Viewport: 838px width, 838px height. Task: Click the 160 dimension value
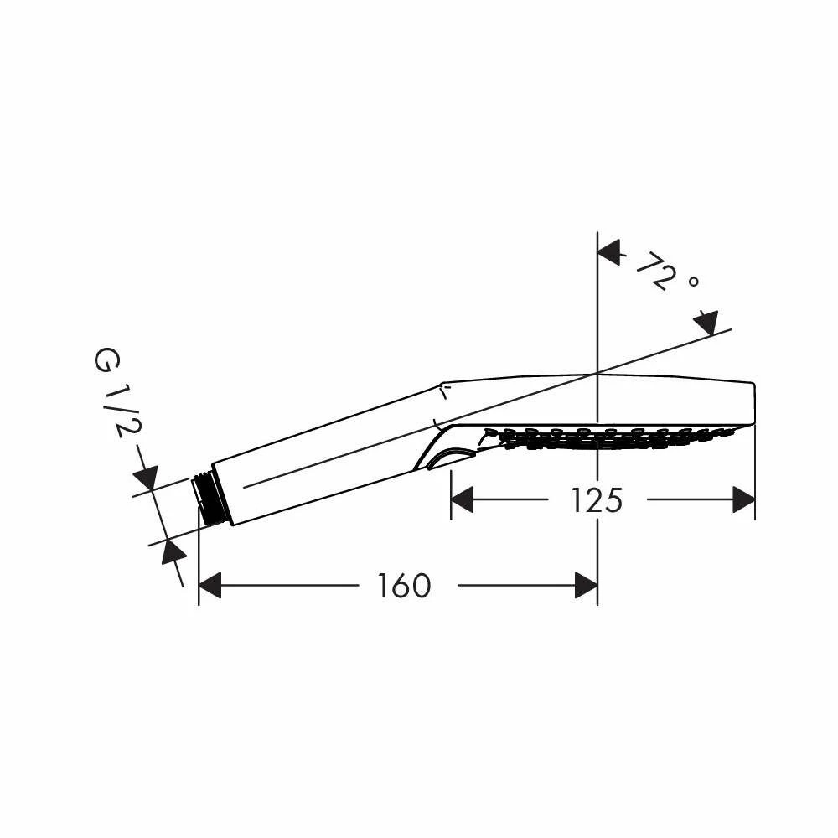pyautogui.click(x=404, y=585)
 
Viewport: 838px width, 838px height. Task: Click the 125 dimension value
pyautogui.click(x=597, y=500)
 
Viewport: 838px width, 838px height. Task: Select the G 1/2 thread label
pyautogui.click(x=113, y=393)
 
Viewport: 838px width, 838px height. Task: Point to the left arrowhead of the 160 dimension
pyautogui.click(x=210, y=585)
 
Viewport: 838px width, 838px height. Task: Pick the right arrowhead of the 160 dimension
pyautogui.click(x=586, y=585)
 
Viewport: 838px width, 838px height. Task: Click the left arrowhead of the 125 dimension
pyautogui.click(x=463, y=499)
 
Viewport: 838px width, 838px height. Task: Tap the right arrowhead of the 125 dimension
pyautogui.click(x=743, y=499)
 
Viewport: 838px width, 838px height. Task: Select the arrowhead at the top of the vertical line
pyautogui.click(x=608, y=251)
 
